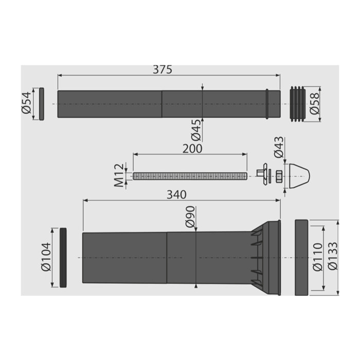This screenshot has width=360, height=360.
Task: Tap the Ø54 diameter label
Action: click(x=27, y=104)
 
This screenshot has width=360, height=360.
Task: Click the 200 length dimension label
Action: click(x=192, y=148)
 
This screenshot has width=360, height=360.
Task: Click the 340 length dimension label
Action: click(x=176, y=194)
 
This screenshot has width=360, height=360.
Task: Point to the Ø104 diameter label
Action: click(x=45, y=257)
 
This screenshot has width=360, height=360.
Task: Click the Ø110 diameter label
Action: click(x=317, y=257)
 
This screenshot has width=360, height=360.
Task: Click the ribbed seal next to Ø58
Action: click(x=298, y=103)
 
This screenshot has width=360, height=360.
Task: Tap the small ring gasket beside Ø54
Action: click(x=42, y=103)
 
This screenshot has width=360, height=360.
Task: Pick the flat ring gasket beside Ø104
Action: click(x=63, y=257)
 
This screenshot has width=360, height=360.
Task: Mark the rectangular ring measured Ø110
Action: click(x=301, y=257)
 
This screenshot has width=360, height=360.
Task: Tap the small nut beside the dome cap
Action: click(x=278, y=176)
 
